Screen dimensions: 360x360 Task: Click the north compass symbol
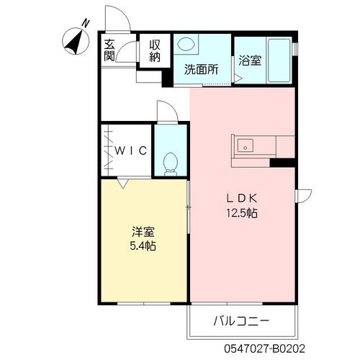pyautogui.click(x=76, y=41)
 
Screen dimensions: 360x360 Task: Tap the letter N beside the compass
pyautogui.click(x=86, y=23)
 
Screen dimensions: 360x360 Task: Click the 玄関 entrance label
pyautogui.click(x=109, y=50)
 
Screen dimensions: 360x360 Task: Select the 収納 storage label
pyautogui.click(x=155, y=51)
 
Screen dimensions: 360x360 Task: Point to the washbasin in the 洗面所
pyautogui.click(x=186, y=45)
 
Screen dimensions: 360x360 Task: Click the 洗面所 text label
pyautogui.click(x=202, y=69)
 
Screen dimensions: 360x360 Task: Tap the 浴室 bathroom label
pyautogui.click(x=250, y=60)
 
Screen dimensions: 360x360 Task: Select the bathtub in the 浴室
pyautogui.click(x=279, y=60)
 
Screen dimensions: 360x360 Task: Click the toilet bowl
pyautogui.click(x=170, y=163)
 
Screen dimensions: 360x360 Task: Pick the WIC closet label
pyautogui.click(x=131, y=150)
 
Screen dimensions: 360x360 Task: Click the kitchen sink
pyautogui.click(x=246, y=145)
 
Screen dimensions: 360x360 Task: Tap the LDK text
pyautogui.click(x=242, y=198)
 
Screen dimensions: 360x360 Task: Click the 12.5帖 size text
pyautogui.click(x=242, y=212)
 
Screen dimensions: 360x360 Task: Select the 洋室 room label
pyautogui.click(x=143, y=232)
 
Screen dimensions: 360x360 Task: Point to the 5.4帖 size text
pyautogui.click(x=143, y=246)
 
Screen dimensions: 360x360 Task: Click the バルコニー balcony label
pyautogui.click(x=241, y=321)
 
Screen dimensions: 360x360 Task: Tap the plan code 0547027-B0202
pyautogui.click(x=265, y=348)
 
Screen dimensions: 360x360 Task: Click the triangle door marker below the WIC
pyautogui.click(x=122, y=184)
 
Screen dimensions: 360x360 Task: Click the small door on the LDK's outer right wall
pyautogui.click(x=304, y=196)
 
